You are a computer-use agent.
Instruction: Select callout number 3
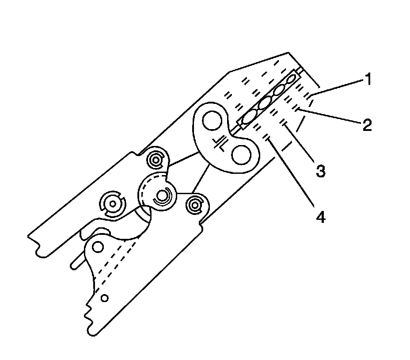tap(321, 170)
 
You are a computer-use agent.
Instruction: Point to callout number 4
tap(320, 217)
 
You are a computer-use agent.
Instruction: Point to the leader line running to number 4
tap(292, 172)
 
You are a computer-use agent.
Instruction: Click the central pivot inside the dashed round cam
tap(162, 195)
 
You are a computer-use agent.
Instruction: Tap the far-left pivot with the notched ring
tap(113, 204)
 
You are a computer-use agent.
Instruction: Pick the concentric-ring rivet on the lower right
tap(194, 204)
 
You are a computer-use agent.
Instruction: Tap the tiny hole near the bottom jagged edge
tap(105, 298)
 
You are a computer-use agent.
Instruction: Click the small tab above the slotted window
tap(299, 70)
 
